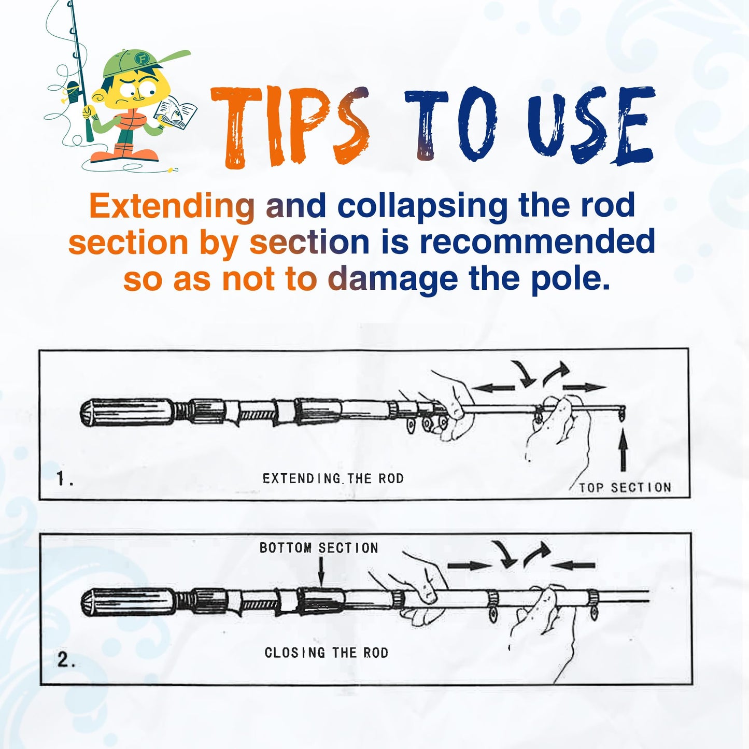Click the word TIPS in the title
click(290, 127)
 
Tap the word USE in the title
click(591, 124)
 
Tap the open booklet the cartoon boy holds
click(175, 112)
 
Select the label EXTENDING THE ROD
click(333, 478)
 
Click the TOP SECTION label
click(625, 487)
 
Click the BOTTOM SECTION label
click(319, 548)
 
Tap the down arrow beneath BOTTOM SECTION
click(321, 571)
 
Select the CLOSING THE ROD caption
click(327, 652)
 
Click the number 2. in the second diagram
click(66, 660)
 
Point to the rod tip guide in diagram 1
click(621, 413)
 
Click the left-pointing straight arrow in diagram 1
click(493, 388)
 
